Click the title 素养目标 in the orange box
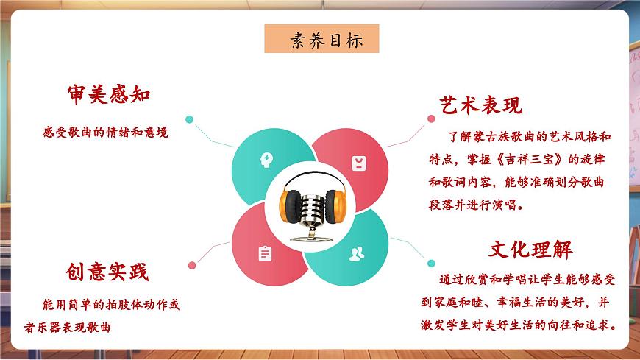tap(321, 39)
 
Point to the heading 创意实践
tap(107, 272)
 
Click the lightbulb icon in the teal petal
tap(266, 159)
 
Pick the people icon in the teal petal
tap(357, 254)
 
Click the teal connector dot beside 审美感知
tap(189, 119)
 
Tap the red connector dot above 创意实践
tap(191, 264)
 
